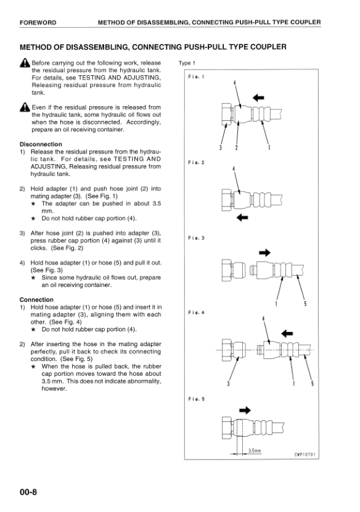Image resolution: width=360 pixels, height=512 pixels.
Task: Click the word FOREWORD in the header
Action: (38, 23)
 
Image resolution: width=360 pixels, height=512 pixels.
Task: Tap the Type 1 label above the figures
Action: (187, 63)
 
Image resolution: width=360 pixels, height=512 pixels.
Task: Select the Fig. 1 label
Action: (195, 77)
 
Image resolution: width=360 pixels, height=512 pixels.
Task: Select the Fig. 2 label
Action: (195, 162)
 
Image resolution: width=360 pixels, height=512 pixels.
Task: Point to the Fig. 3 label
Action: (195, 237)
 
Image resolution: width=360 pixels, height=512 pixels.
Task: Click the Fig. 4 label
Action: (195, 313)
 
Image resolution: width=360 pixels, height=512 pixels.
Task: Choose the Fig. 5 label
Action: (195, 399)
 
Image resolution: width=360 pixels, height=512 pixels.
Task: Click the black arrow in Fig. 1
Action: (258, 97)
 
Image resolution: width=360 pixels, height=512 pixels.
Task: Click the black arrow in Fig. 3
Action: (264, 252)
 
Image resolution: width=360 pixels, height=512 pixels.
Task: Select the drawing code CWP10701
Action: (305, 455)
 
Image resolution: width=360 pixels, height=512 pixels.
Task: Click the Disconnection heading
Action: (41, 144)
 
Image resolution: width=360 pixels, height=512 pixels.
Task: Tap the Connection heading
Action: (36, 300)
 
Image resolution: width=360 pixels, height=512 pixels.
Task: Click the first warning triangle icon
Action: (25, 64)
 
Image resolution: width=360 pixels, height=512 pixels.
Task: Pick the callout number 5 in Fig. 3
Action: (306, 303)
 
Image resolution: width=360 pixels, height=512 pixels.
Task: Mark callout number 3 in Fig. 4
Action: (229, 384)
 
